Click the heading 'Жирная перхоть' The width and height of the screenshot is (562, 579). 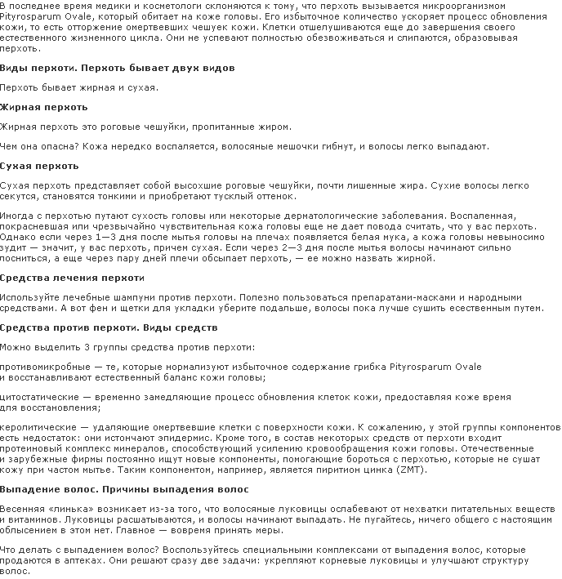click(x=44, y=107)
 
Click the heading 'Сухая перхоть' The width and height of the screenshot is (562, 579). click(x=39, y=166)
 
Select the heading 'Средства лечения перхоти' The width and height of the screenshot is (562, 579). click(x=60, y=278)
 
